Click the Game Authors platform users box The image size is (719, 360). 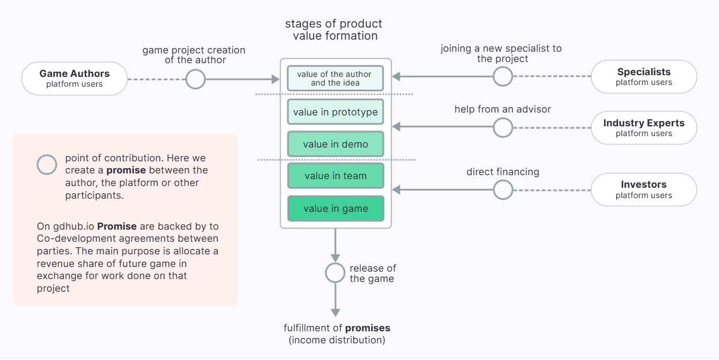(74, 79)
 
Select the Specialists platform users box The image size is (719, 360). (643, 76)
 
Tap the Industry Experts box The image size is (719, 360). (643, 127)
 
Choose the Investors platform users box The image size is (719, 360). (643, 189)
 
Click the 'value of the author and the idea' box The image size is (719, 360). (335, 78)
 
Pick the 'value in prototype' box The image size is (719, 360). (335, 112)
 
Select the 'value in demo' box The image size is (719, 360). (335, 144)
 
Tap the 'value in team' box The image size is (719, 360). (335, 176)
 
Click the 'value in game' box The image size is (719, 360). (335, 208)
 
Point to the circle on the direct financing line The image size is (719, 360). (503, 189)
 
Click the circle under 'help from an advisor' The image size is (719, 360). (503, 127)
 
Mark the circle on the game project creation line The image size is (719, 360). (196, 79)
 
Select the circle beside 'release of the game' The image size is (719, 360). (335, 273)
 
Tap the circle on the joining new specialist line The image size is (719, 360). (503, 76)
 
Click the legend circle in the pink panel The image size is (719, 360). (47, 165)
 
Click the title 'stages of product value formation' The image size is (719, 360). (334, 30)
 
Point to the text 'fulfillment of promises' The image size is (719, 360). (337, 328)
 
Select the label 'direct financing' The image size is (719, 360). (502, 172)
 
